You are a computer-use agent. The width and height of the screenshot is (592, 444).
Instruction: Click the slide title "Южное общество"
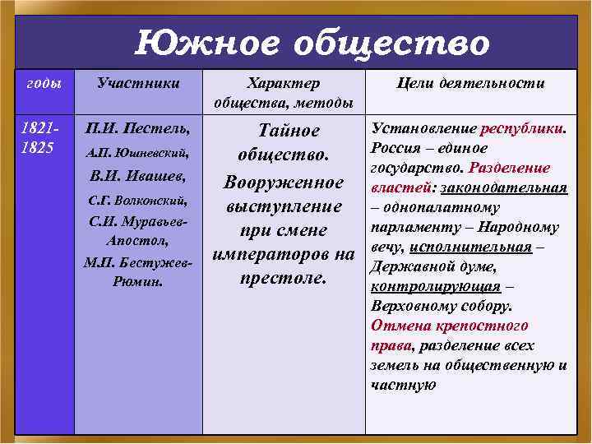(x=312, y=42)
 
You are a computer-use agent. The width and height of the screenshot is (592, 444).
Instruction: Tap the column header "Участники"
(x=138, y=83)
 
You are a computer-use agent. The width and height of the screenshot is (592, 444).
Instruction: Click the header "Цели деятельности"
(x=470, y=83)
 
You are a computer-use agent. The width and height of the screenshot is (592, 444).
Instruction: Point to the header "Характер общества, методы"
(x=284, y=93)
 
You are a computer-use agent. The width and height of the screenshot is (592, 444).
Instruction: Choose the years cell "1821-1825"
(x=39, y=138)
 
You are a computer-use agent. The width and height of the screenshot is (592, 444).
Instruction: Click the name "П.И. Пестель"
(x=138, y=130)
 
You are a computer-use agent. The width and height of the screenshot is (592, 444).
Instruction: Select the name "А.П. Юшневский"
(x=138, y=153)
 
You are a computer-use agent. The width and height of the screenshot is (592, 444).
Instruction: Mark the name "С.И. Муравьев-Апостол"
(x=138, y=233)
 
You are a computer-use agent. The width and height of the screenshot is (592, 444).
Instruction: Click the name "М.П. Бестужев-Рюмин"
(x=138, y=272)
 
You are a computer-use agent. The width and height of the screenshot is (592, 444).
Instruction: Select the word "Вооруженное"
(x=284, y=182)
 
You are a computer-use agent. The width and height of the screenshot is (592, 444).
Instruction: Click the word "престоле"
(x=284, y=277)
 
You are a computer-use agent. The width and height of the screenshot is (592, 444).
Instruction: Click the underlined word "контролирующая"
(x=436, y=287)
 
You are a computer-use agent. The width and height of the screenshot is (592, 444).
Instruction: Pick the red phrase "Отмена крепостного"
(x=449, y=326)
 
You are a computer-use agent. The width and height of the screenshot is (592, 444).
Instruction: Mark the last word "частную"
(x=403, y=385)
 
